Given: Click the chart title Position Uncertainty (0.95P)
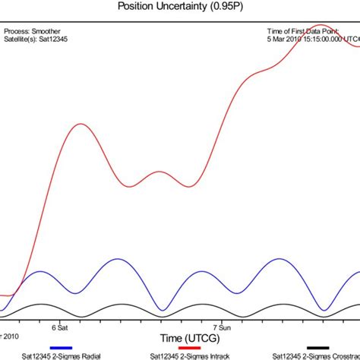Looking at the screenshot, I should point(180,6).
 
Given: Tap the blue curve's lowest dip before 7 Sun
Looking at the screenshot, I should point(162,310).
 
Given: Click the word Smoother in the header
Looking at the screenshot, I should point(46,32).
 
